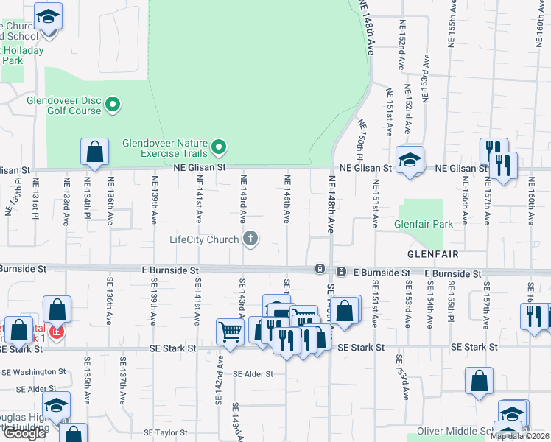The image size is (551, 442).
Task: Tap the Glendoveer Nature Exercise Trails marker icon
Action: pyautogui.click(x=219, y=149)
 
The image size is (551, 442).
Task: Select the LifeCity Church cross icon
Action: pyautogui.click(x=251, y=239)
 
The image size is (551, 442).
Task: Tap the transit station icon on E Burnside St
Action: pyautogui.click(x=320, y=268)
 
